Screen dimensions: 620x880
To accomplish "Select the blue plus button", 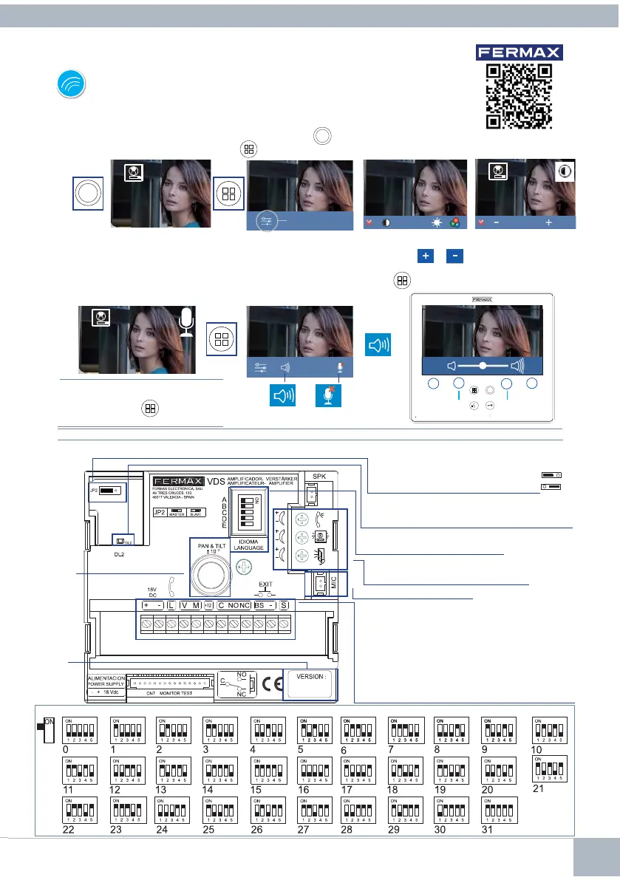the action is pyautogui.click(x=426, y=255).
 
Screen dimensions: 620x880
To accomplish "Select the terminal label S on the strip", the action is pyautogui.click(x=283, y=606).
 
